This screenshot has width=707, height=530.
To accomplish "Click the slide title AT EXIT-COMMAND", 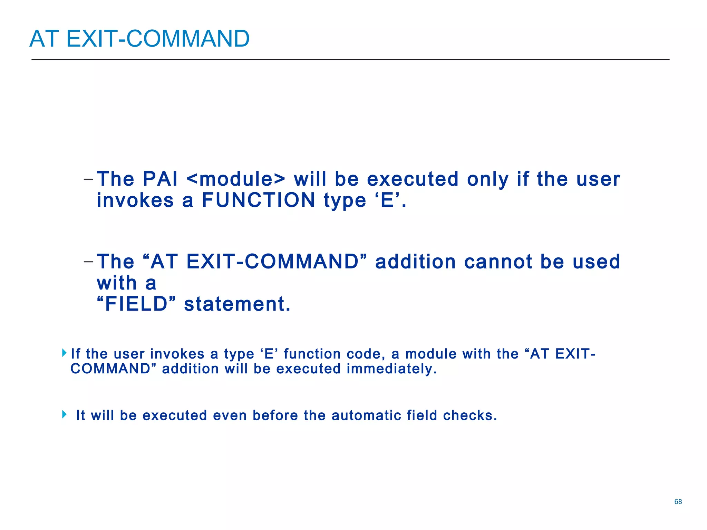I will [139, 38].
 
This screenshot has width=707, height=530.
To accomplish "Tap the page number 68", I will [678, 502].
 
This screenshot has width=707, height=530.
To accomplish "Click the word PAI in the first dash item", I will [160, 179].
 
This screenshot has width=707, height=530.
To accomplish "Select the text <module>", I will [236, 179].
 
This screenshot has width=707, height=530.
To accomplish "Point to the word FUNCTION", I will [259, 200].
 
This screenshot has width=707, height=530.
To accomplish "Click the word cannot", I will [498, 262].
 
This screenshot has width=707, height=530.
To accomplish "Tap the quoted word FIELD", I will [136, 304].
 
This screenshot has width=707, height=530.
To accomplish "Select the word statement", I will [237, 304].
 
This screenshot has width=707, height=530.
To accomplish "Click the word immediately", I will [391, 369].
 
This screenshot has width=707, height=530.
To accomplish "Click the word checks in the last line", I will [469, 415].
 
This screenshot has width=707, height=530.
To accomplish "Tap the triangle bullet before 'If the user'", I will [64, 353].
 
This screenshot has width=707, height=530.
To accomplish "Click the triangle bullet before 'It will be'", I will [64, 414].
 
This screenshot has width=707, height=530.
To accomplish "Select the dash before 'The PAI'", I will [88, 179].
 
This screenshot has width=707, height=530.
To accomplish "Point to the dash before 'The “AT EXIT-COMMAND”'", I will [88, 262].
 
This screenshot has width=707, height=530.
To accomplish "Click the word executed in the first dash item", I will [413, 179].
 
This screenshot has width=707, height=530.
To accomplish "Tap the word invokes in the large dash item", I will [135, 200].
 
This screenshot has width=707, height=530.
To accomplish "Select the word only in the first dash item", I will [488, 179].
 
